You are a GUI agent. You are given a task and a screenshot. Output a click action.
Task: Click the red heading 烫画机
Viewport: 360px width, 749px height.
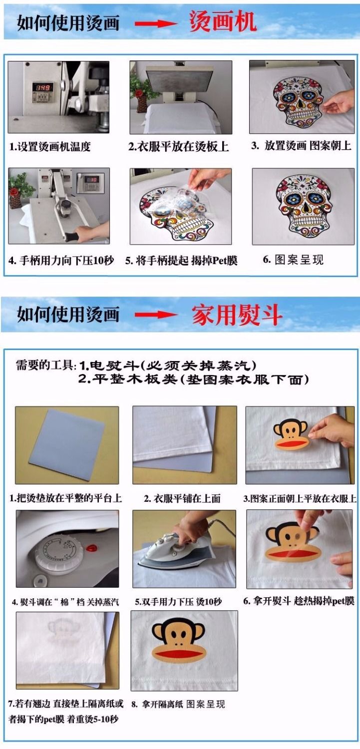[223, 21]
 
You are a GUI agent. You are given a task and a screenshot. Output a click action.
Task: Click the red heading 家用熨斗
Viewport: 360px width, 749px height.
[237, 315]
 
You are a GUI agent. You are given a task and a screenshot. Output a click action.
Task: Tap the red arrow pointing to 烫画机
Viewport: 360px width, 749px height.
[156, 23]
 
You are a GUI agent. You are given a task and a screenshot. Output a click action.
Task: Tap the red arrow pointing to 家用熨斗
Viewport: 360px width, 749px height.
[156, 315]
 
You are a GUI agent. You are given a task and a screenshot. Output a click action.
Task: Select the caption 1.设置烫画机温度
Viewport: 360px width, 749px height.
[50, 146]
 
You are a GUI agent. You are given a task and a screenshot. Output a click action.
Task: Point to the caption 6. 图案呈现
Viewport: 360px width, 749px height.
[293, 260]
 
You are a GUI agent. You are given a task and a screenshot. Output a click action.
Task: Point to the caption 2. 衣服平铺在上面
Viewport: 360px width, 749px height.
[182, 498]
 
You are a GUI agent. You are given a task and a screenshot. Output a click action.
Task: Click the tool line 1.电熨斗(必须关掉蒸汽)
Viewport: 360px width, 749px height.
[168, 366]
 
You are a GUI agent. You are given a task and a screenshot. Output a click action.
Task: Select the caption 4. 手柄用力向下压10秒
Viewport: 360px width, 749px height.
[61, 261]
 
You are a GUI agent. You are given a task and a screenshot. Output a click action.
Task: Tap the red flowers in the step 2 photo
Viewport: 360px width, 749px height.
[138, 92]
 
